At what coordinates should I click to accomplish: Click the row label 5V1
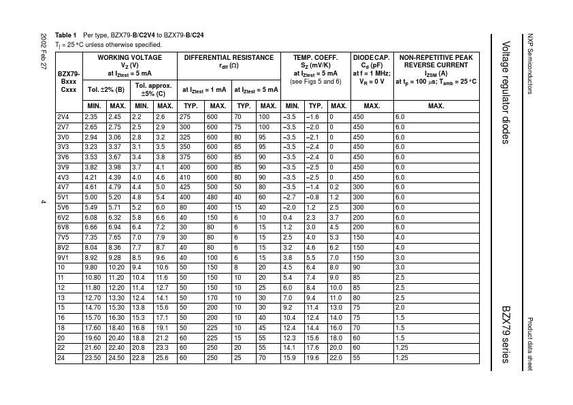(x=63, y=197)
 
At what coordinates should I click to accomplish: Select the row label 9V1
(x=63, y=259)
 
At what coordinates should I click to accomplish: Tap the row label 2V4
(x=63, y=116)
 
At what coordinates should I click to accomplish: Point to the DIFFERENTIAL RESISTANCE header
(x=229, y=58)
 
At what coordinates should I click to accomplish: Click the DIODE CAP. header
(x=371, y=58)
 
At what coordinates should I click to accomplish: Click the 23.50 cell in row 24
(x=92, y=357)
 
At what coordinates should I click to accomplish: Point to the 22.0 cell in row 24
(x=335, y=357)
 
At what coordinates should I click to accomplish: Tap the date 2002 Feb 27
(x=43, y=52)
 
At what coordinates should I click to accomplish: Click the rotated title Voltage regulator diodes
(x=505, y=93)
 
